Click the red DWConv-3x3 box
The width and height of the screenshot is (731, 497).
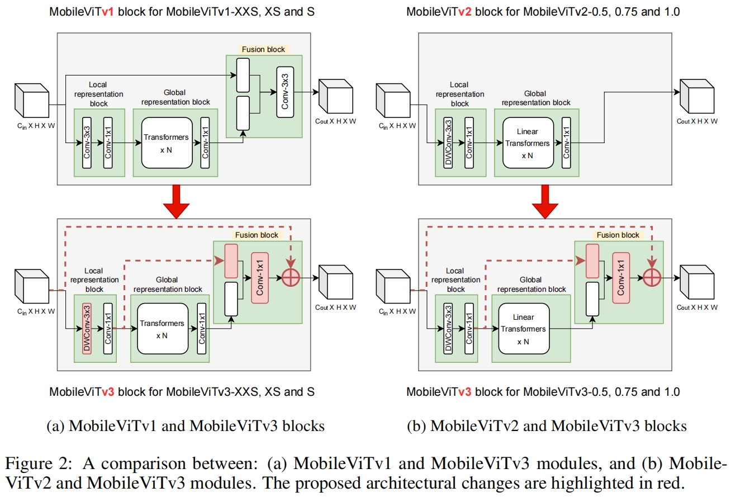tap(87, 329)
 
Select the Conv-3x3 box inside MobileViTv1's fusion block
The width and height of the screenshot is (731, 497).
tap(285, 92)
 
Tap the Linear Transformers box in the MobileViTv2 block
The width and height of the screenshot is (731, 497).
tap(528, 143)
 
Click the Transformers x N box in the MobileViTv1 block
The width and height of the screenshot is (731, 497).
tap(167, 143)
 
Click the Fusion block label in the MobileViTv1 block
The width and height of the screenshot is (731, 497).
tap(263, 50)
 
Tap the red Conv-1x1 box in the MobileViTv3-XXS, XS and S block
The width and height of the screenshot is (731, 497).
tap(260, 278)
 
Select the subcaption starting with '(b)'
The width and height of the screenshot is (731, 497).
tap(547, 426)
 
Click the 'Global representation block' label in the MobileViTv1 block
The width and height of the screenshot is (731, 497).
tap(175, 97)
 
